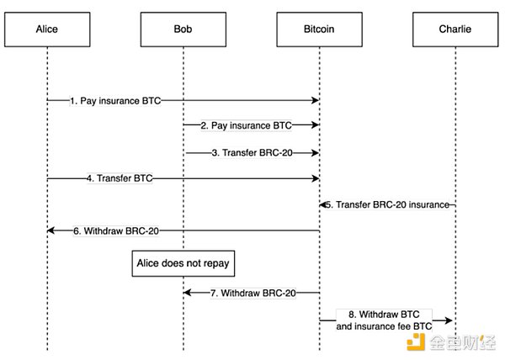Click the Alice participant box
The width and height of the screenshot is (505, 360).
(x=48, y=29)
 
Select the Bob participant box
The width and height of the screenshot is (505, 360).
(x=183, y=29)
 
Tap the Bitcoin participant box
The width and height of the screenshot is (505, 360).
(x=319, y=29)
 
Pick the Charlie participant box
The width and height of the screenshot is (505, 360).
(x=455, y=29)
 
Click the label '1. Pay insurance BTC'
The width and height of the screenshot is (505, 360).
(x=114, y=101)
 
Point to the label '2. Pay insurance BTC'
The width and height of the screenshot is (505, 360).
(x=246, y=126)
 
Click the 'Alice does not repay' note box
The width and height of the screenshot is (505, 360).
(x=183, y=264)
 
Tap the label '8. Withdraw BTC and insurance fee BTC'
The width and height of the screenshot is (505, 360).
(x=388, y=319)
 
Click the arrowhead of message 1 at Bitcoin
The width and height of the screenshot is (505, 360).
(x=316, y=101)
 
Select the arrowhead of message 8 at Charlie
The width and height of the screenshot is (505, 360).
(x=451, y=320)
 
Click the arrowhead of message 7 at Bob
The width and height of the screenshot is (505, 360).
(x=188, y=293)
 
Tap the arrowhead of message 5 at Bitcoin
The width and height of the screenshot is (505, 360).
(x=323, y=204)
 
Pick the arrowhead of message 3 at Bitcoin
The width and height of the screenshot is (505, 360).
(x=316, y=153)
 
